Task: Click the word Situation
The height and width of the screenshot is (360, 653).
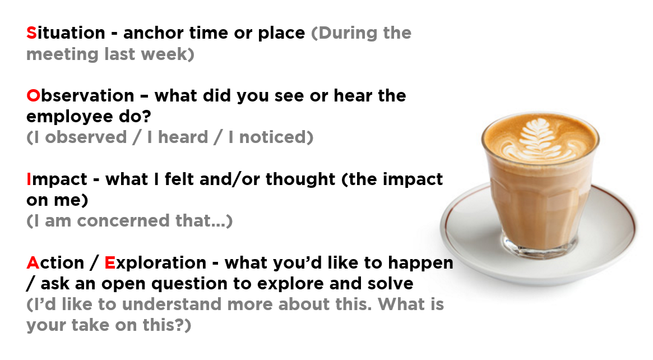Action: (66, 33)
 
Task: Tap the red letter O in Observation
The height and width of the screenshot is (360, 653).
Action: (33, 96)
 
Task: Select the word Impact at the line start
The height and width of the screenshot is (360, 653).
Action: (57, 180)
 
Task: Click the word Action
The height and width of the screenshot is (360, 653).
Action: (55, 263)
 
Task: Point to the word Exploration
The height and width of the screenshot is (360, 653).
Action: (155, 264)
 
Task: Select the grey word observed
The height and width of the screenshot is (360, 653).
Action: (86, 137)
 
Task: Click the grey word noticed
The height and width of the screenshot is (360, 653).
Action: (273, 137)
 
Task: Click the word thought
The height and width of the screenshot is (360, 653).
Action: (300, 179)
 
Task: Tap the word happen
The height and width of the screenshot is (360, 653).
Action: (420, 264)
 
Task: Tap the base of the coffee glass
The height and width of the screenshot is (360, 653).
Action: (540, 246)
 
